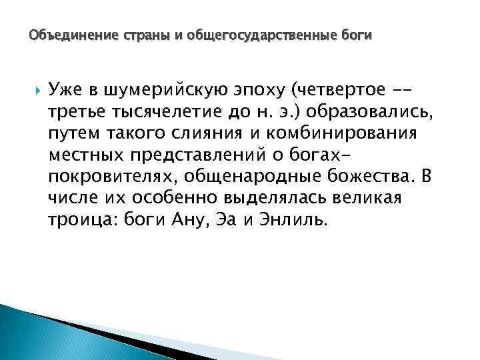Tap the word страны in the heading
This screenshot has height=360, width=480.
pos(132,33)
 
